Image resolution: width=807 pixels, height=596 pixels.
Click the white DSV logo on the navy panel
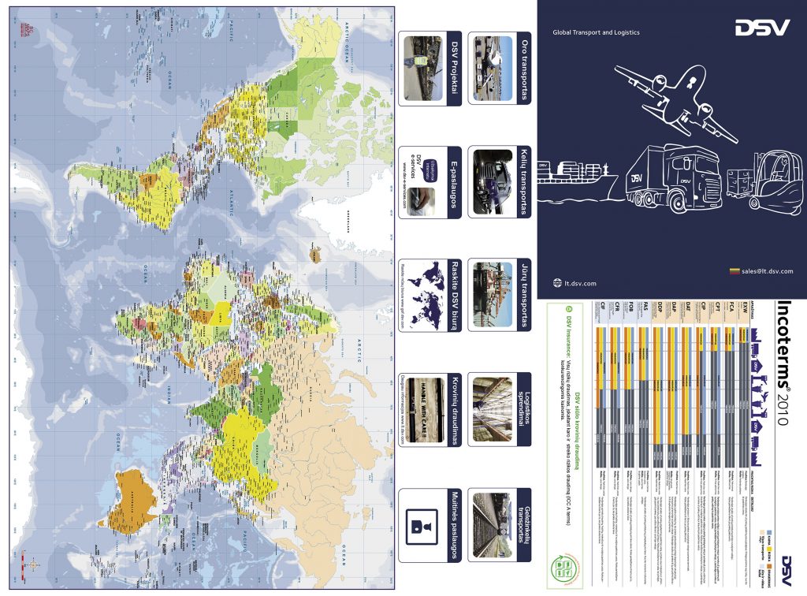(x=762, y=28)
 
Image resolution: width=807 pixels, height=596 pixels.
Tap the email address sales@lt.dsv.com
(x=764, y=271)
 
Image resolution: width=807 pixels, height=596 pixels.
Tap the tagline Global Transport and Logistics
(x=596, y=32)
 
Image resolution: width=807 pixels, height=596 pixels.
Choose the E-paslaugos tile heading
(x=454, y=181)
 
